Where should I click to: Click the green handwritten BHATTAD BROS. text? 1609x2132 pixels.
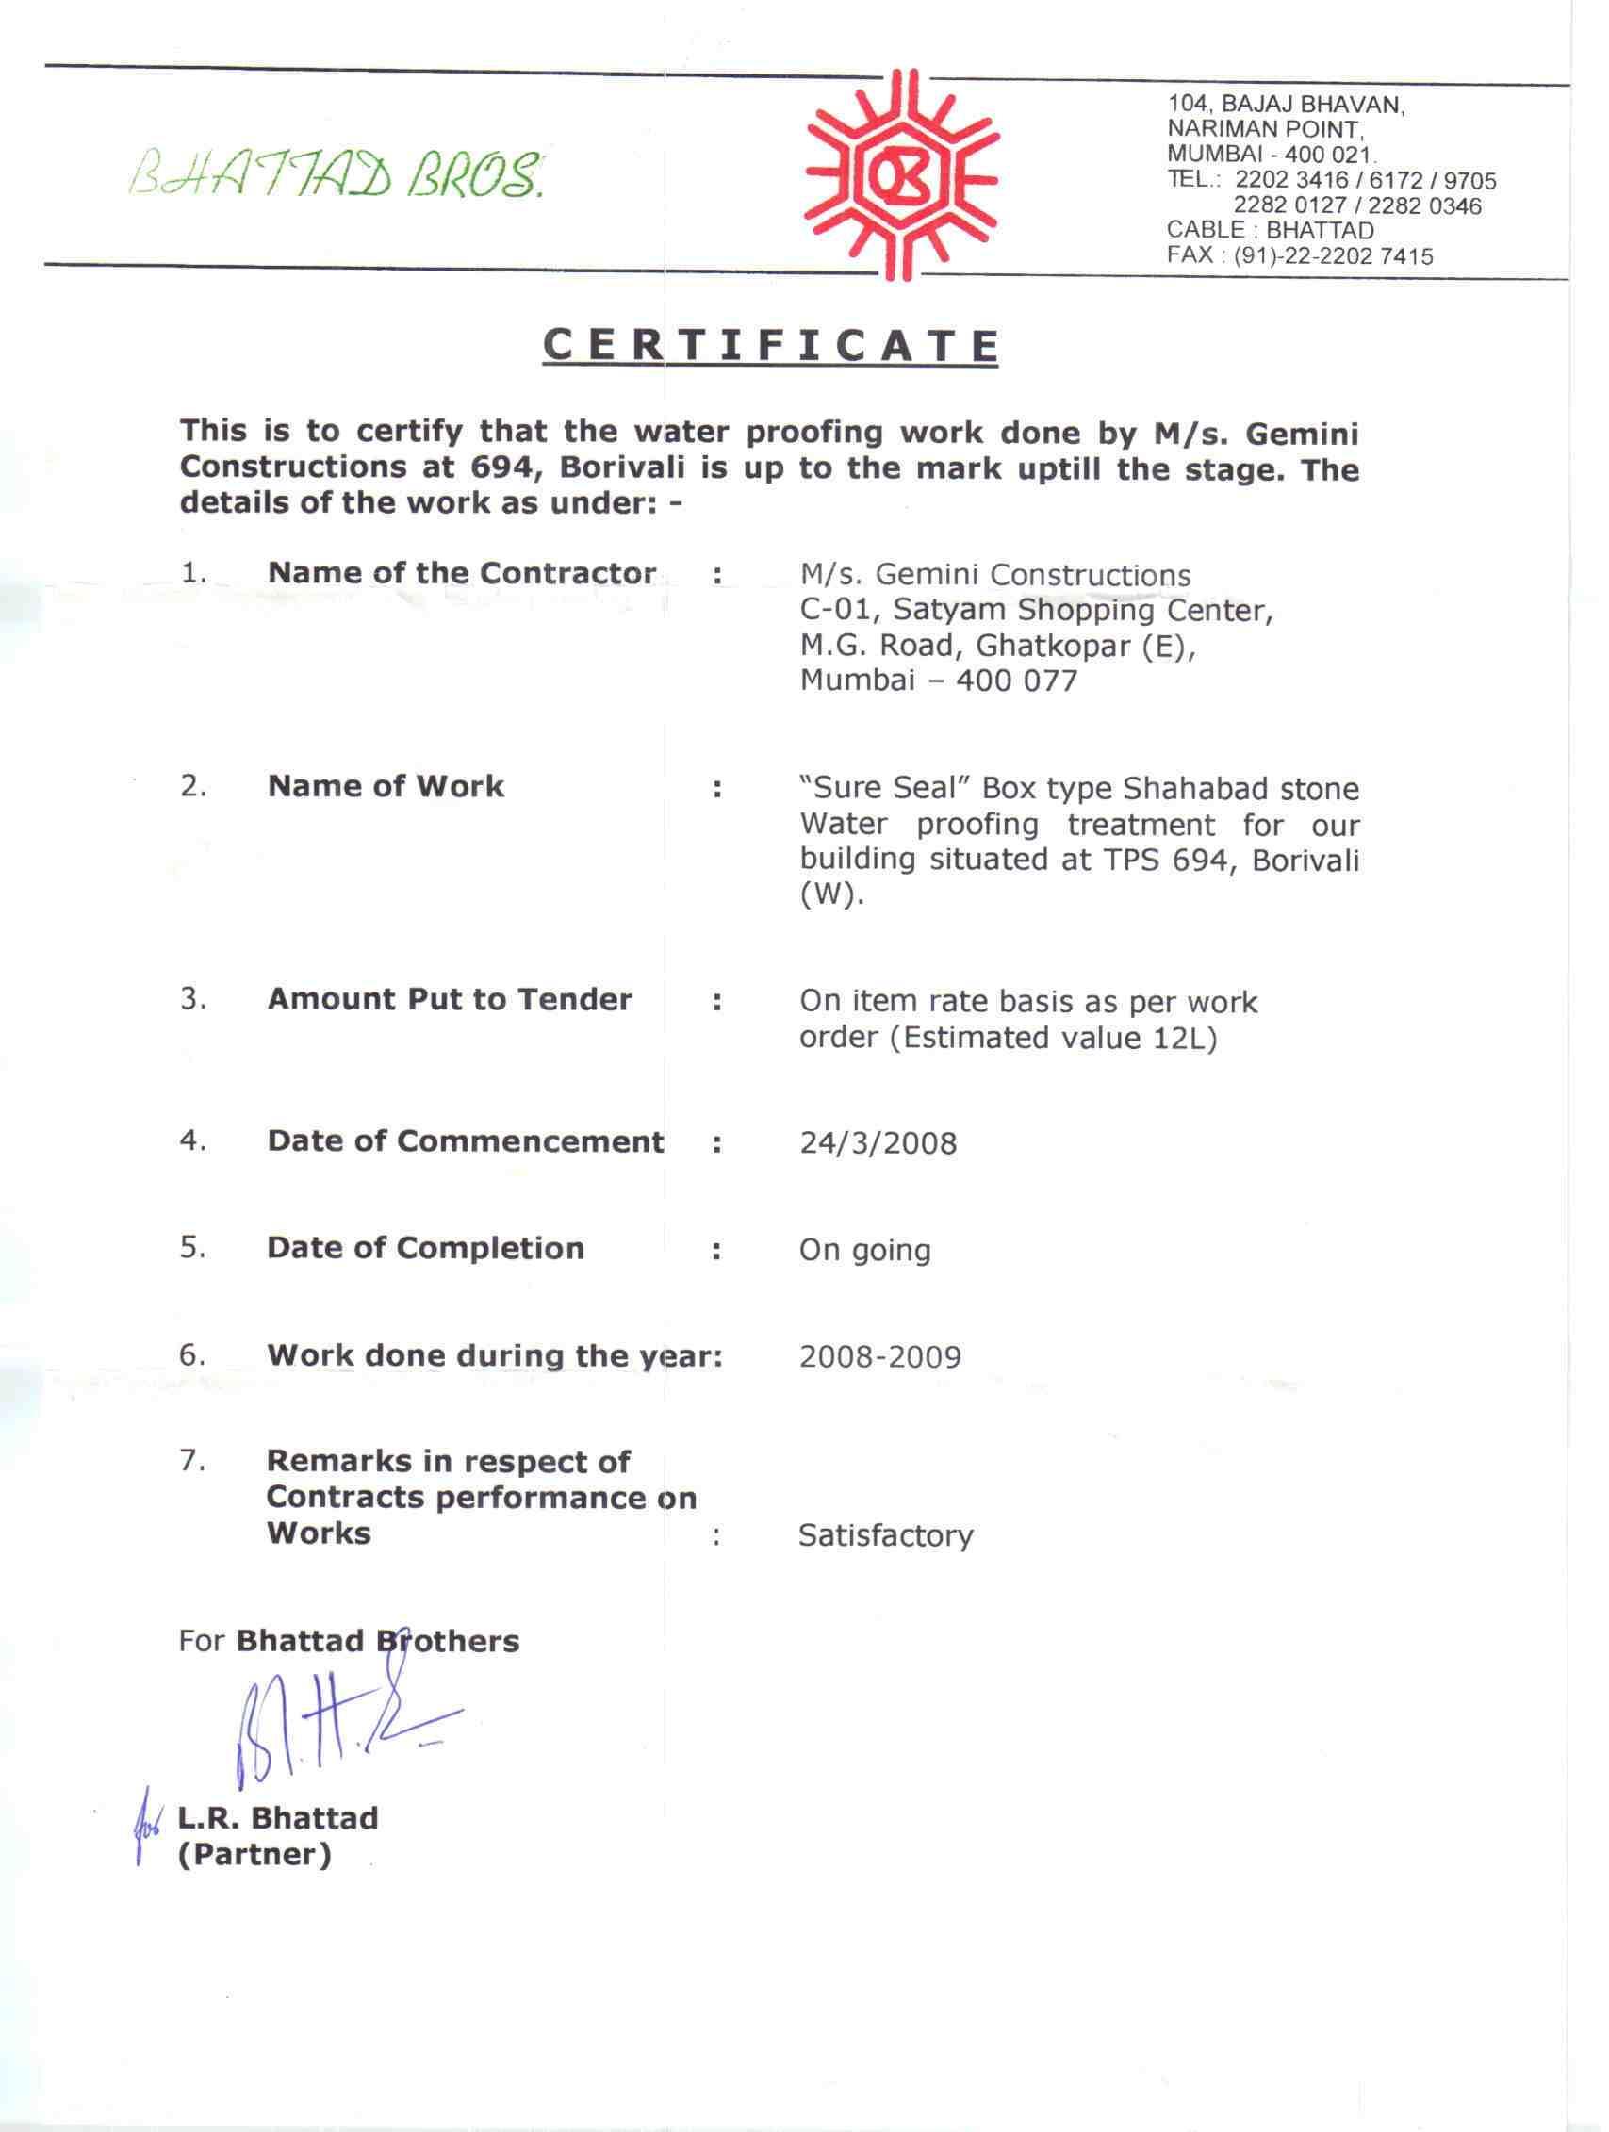coord(338,175)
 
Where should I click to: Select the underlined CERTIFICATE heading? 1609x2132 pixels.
coord(769,345)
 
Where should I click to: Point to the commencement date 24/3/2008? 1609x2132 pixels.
coord(878,1143)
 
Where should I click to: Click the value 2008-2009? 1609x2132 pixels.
coord(880,1357)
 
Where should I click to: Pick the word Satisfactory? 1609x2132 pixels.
coord(885,1535)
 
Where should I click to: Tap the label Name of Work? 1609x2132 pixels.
coord(386,786)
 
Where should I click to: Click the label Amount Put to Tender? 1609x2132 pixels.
coord(450,999)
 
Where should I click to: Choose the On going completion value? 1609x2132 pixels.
coord(864,1251)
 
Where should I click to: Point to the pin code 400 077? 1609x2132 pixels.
coord(1016,681)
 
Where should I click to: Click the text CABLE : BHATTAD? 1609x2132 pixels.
coord(1270,230)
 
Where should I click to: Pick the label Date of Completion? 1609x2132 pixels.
coord(425,1248)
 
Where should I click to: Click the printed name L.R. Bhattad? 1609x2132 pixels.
coord(278,1818)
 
